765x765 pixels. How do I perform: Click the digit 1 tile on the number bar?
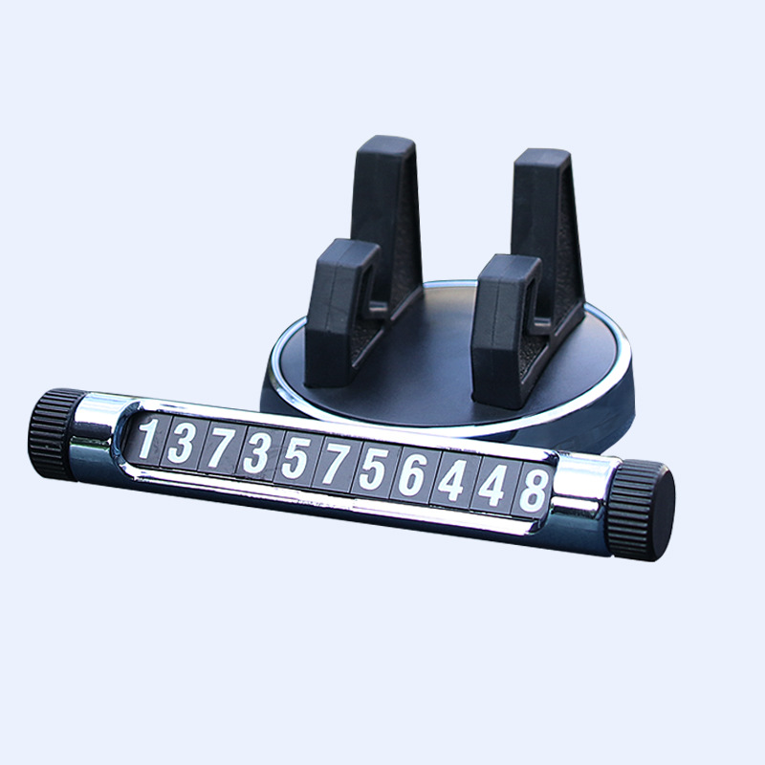point(147,439)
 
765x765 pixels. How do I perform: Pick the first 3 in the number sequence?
point(182,443)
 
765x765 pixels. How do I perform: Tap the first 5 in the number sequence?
point(295,458)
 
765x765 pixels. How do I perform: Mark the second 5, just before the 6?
point(373,469)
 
